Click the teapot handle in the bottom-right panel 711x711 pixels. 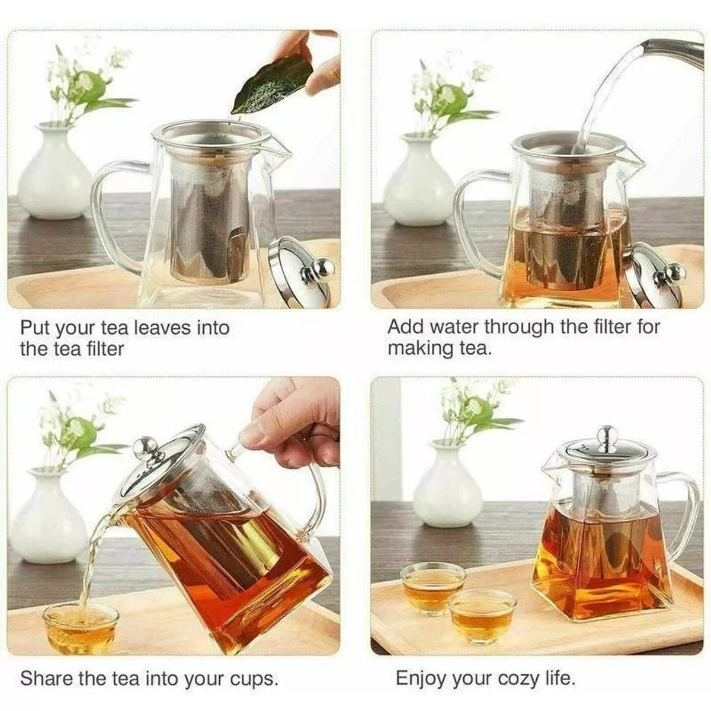point(681,510)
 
